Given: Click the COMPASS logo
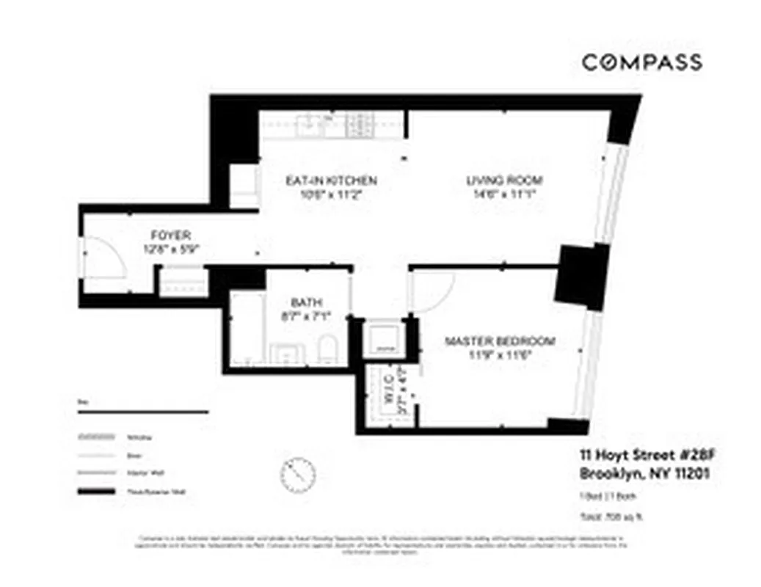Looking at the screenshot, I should (641, 62).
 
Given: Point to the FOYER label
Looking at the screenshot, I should (170, 236).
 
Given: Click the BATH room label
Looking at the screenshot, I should (306, 302).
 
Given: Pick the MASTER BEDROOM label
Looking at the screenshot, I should (500, 341).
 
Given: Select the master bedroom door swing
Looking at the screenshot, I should (434, 291).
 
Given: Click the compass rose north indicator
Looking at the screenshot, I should (298, 474).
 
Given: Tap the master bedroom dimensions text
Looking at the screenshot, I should (500, 355).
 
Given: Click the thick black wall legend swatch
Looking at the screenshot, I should (98, 493).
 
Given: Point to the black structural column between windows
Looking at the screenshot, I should (581, 276).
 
